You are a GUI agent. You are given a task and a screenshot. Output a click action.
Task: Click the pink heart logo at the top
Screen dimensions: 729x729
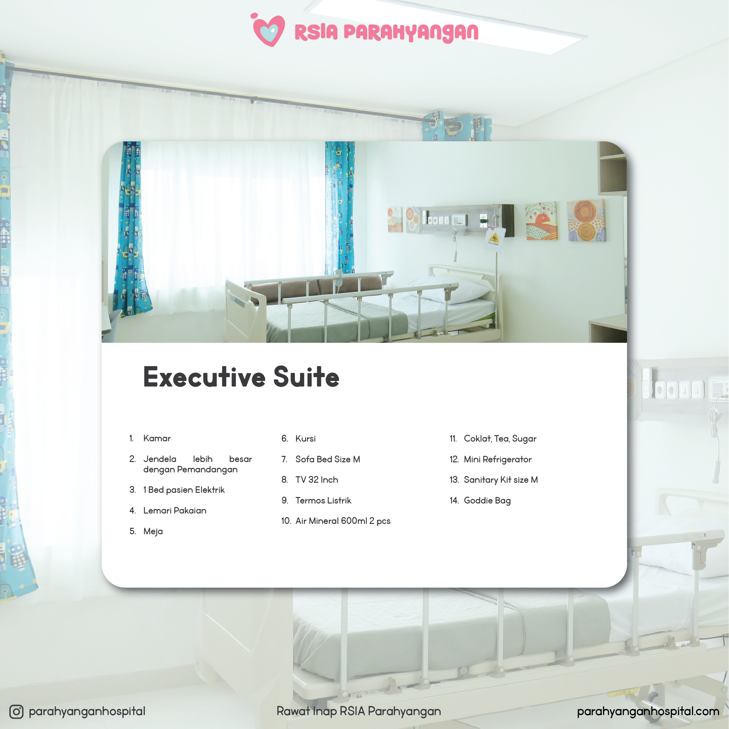coord(268,30)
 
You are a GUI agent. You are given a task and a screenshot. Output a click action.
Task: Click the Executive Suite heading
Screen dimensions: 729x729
coord(241,377)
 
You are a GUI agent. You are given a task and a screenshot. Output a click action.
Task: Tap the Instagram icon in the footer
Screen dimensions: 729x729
coord(16,712)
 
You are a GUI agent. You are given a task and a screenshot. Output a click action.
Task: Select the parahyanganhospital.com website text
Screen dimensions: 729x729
coord(648,712)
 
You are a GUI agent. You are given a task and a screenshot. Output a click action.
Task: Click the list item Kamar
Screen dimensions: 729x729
coord(157,438)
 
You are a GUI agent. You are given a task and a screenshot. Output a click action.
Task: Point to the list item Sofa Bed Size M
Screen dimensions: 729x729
coord(327,459)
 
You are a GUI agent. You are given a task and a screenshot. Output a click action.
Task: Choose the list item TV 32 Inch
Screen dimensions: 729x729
coord(317,480)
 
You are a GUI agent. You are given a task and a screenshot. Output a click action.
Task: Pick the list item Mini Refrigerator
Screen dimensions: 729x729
coord(498,459)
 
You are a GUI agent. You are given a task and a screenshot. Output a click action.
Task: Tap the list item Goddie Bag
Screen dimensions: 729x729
coord(487,501)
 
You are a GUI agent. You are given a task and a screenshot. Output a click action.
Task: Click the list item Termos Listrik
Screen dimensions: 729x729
coord(323,500)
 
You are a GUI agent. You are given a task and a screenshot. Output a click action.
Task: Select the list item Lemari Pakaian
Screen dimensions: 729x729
coord(175,510)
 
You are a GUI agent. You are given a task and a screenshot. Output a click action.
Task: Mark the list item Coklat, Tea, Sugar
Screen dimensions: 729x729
coord(500,439)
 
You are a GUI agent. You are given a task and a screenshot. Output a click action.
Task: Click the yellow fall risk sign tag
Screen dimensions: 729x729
coord(494,238)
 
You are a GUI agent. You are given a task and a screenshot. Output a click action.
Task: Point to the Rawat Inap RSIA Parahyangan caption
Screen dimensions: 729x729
coord(359,712)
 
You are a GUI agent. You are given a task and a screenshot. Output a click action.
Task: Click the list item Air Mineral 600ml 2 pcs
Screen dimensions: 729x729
coord(343,521)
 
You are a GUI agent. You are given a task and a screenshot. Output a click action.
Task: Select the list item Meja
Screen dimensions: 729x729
coord(153,531)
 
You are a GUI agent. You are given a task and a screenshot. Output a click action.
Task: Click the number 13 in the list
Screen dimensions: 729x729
coord(454,480)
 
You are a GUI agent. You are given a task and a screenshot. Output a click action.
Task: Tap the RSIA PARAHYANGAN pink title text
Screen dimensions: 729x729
coord(386,32)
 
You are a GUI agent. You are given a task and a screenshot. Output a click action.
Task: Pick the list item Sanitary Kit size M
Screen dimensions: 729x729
coord(501,480)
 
